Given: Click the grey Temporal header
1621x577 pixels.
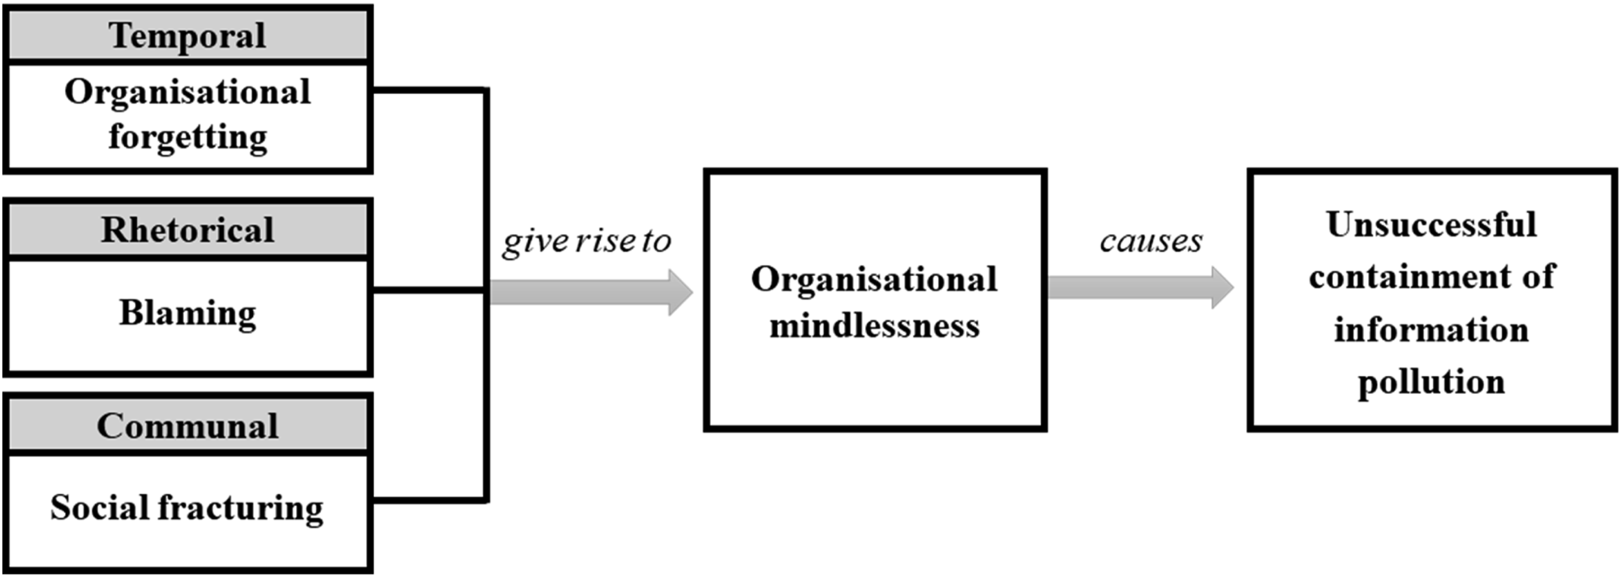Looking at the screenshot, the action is pos(187,35).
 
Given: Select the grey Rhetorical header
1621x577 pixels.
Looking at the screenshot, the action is pos(187,229).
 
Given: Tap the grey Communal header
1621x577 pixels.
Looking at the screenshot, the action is pos(187,425).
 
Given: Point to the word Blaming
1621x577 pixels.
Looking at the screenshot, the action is pos(187,313).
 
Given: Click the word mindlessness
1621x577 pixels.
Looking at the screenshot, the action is pos(875,326).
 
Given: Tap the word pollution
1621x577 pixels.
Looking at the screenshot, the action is pos(1432,383).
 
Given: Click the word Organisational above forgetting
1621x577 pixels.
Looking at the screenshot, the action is pos(187,93).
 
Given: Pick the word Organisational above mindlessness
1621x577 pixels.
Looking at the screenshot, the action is pos(875,279).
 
